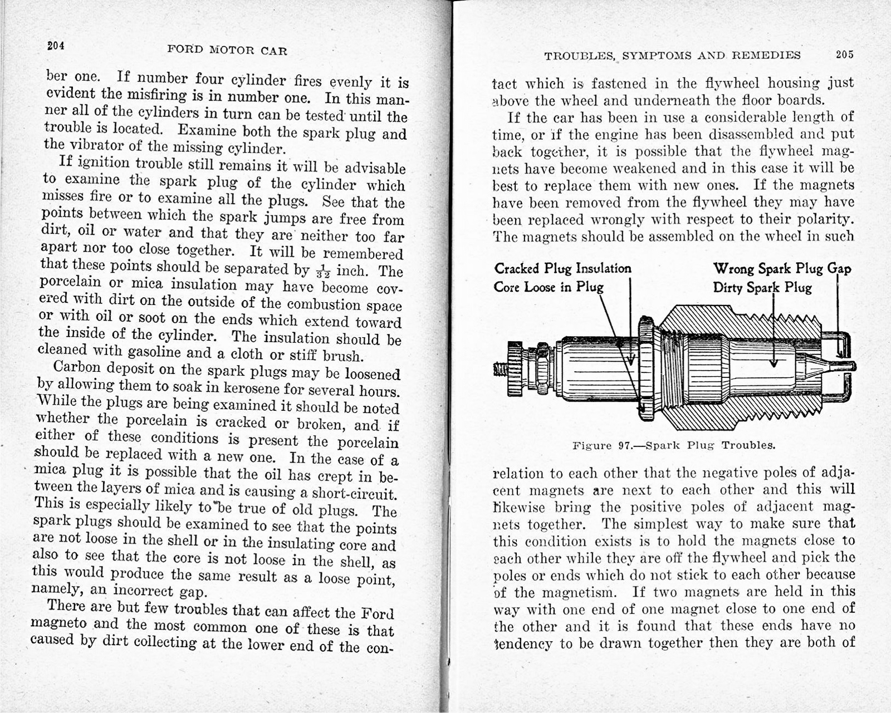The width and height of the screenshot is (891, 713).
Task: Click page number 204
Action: point(56,46)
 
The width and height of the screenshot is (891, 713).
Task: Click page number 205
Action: point(844,55)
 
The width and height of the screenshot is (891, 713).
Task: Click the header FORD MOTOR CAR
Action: point(227,51)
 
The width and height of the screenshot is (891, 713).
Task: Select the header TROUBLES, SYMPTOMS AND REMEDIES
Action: point(672,55)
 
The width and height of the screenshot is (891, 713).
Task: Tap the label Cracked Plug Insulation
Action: point(563,269)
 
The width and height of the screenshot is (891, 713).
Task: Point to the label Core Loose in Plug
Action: point(549,287)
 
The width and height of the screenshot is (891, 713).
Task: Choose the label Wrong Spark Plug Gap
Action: point(782,269)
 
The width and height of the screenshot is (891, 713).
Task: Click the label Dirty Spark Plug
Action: point(762,288)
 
